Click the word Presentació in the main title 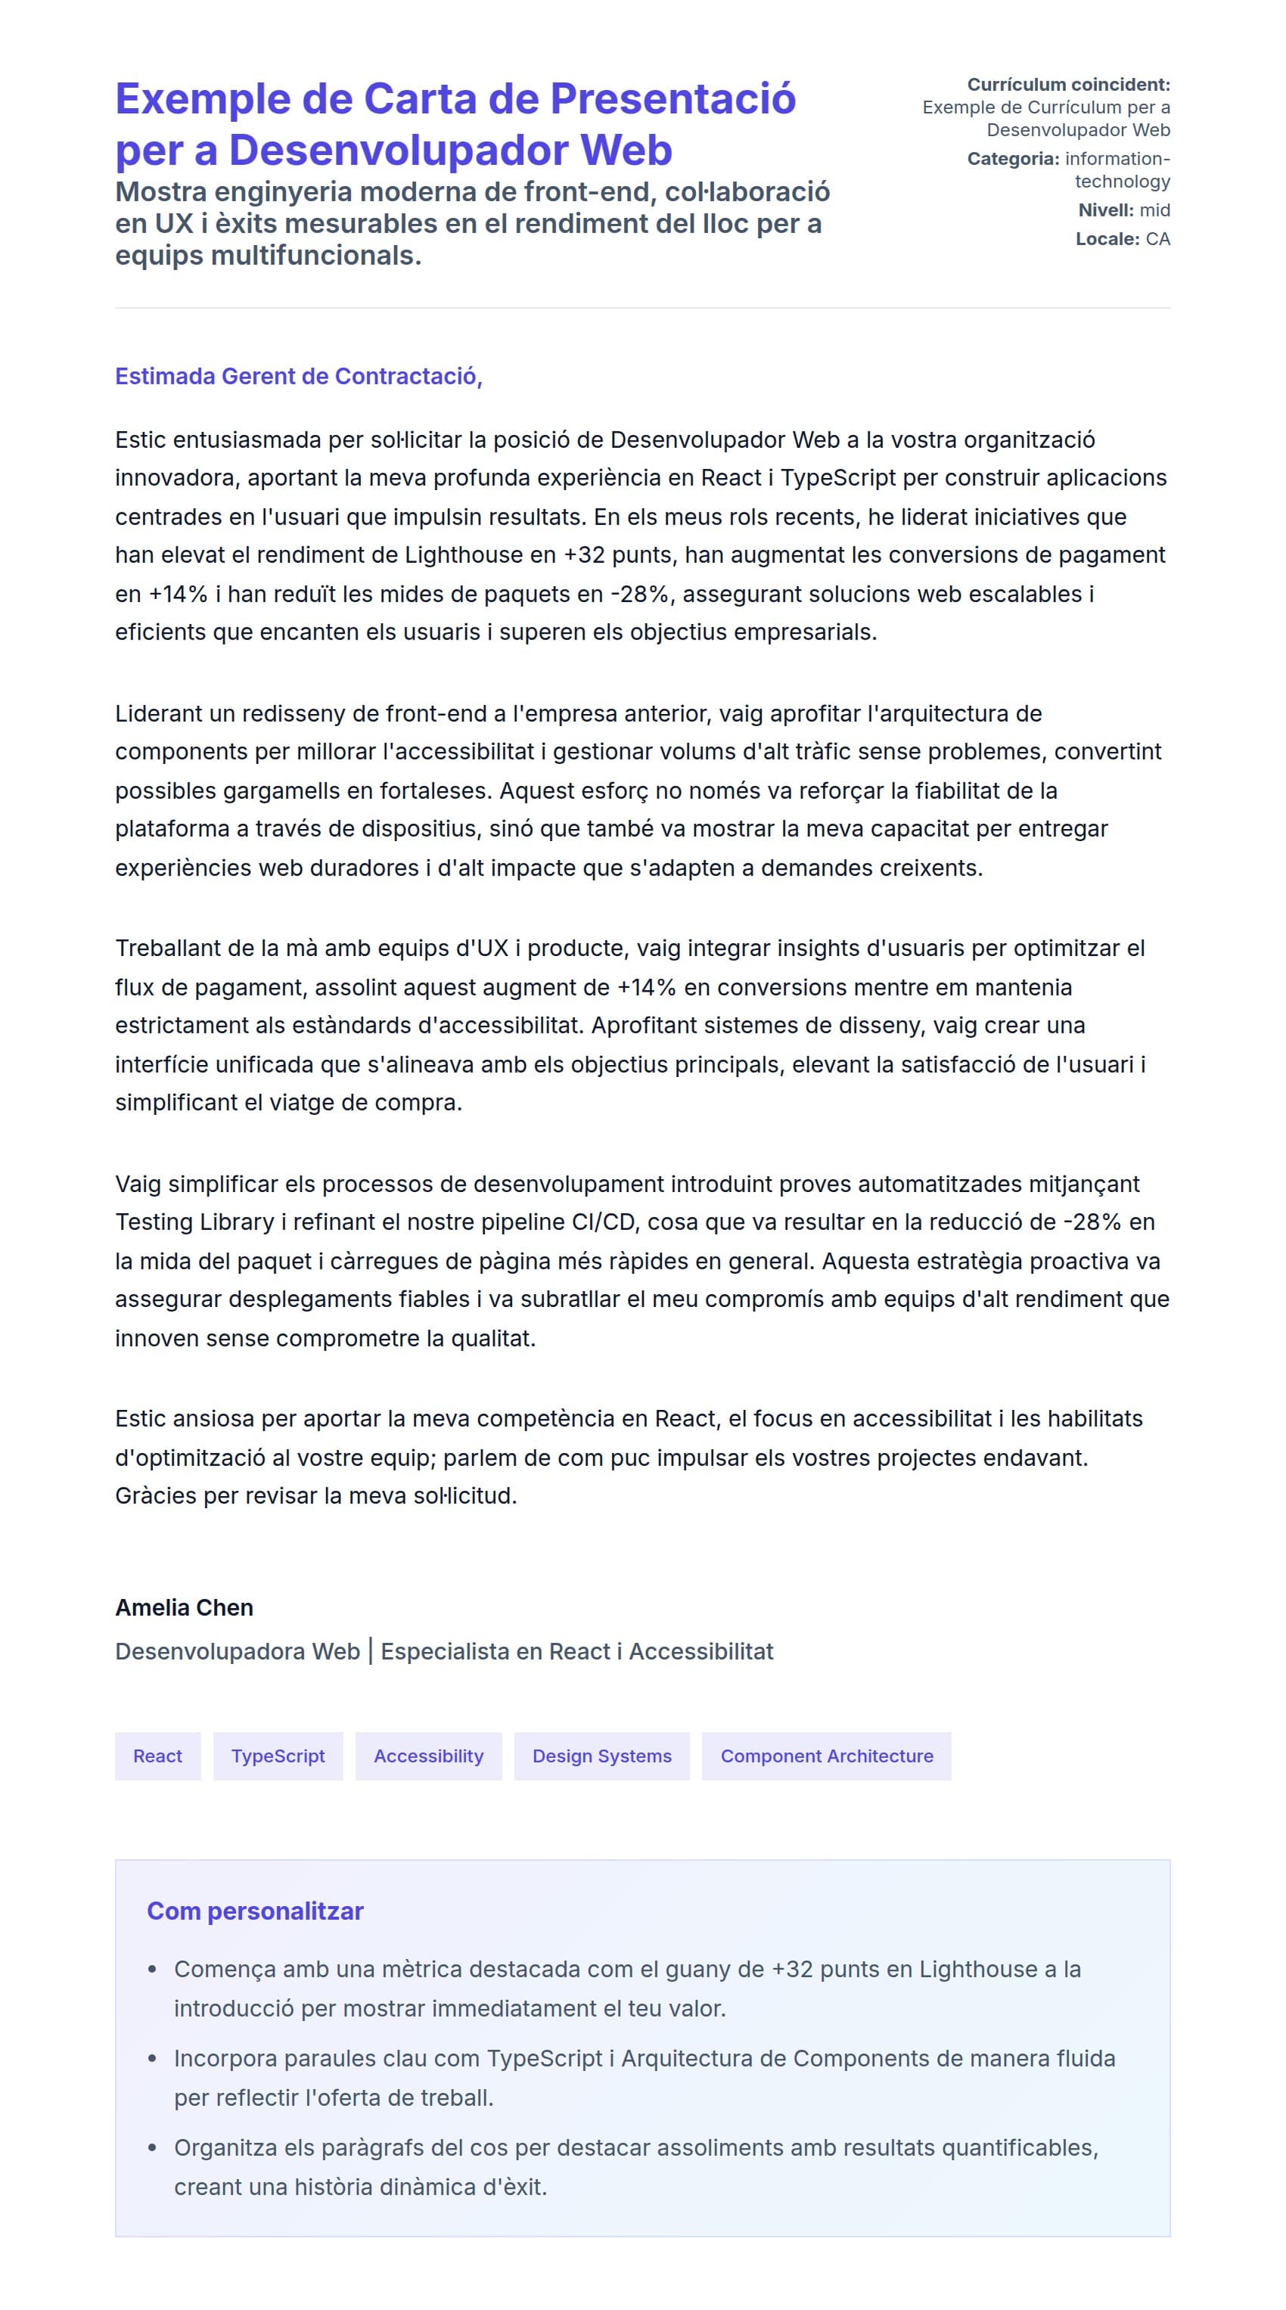pyautogui.click(x=672, y=98)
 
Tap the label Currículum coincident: pyautogui.click(x=1068, y=84)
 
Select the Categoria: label pyautogui.click(x=1012, y=159)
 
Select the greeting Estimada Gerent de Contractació pyautogui.click(x=298, y=376)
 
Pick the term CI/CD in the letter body pyautogui.click(x=605, y=1222)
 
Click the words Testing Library pyautogui.click(x=194, y=1222)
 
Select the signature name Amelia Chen pyautogui.click(x=184, y=1607)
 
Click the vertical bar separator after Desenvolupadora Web pyautogui.click(x=371, y=1651)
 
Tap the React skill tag pyautogui.click(x=158, y=1756)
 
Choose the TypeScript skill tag pyautogui.click(x=278, y=1756)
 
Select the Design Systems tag pyautogui.click(x=601, y=1756)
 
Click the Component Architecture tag pyautogui.click(x=826, y=1756)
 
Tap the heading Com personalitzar pyautogui.click(x=255, y=1911)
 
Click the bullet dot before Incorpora pyautogui.click(x=153, y=2059)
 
